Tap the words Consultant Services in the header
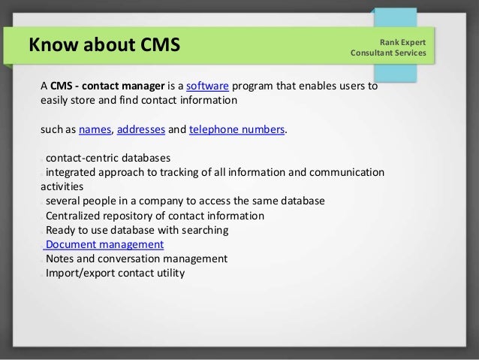387,53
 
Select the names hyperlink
95,130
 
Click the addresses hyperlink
140,130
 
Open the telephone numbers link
236,130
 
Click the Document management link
104,245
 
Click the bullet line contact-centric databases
107,159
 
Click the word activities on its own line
62,188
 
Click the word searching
208,231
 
